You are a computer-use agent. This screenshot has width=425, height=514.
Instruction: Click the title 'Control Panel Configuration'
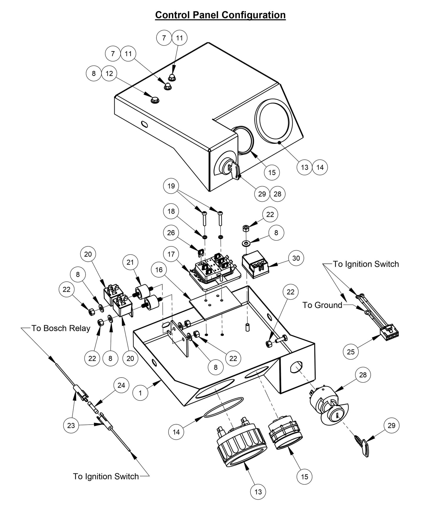220,15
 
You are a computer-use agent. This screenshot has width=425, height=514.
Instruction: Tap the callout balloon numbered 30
296,258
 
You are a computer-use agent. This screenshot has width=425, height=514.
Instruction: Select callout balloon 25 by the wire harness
351,351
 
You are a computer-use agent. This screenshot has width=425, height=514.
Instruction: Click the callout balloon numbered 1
140,393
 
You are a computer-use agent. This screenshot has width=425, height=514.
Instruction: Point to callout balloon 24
121,385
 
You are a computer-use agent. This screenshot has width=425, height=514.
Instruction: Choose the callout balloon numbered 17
171,254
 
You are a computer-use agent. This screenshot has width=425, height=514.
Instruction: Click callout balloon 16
159,270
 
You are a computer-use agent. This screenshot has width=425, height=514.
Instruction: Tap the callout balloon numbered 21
130,262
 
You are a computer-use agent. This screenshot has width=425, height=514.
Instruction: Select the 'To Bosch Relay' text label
61,328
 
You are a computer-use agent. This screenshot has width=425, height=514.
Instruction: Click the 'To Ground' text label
322,305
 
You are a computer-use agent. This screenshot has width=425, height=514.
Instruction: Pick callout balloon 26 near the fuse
171,233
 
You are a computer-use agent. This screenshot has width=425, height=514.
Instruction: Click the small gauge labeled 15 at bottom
284,432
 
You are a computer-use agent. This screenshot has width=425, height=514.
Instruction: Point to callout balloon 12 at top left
109,74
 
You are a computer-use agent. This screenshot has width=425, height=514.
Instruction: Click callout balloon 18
171,211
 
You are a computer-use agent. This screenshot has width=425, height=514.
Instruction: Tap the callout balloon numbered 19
171,186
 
